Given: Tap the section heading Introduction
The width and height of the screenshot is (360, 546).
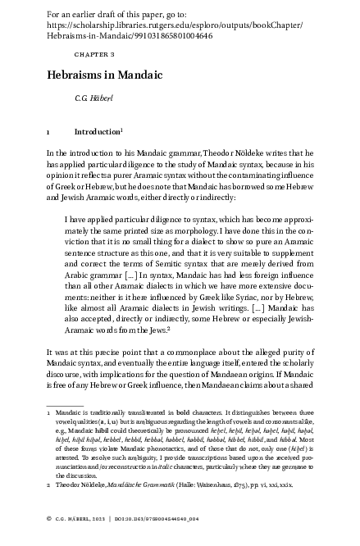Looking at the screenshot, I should (x=97, y=131).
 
